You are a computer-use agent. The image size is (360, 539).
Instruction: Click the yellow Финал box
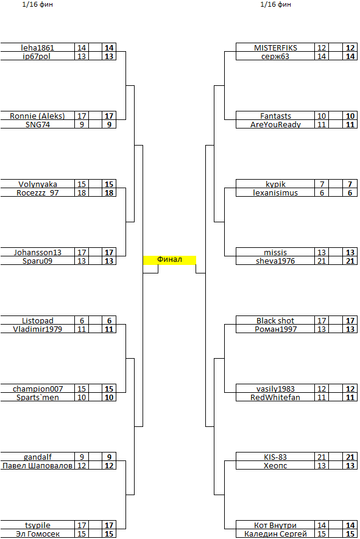tap(169, 260)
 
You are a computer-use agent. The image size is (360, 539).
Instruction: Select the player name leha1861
tap(38, 48)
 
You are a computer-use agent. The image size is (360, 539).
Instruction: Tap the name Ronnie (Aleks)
tap(38, 116)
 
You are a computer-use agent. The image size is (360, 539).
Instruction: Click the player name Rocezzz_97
tap(38, 193)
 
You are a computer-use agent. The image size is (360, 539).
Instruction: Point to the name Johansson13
tap(38, 252)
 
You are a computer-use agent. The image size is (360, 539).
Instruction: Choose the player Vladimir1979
tap(38, 329)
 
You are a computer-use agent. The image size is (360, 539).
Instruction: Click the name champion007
tap(38, 389)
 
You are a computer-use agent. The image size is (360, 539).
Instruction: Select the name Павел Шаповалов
tap(38, 465)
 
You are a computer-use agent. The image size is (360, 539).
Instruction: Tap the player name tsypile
tap(38, 525)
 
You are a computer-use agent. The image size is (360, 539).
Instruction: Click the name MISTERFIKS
tap(275, 48)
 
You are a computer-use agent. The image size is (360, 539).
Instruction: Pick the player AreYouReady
tap(275, 124)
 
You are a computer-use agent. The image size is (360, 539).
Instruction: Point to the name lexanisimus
tap(275, 193)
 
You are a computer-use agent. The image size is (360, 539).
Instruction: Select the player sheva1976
tap(275, 261)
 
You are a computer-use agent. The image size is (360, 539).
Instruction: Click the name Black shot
tap(275, 321)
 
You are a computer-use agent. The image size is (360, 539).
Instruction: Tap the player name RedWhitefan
tap(275, 397)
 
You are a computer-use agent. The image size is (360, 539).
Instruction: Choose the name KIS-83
tap(275, 457)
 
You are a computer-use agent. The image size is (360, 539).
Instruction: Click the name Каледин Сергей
tap(275, 534)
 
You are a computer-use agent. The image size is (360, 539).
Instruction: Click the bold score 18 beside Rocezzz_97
tap(109, 193)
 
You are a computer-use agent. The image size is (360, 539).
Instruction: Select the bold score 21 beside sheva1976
tap(350, 261)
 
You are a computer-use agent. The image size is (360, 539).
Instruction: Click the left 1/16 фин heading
tap(38, 4)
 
